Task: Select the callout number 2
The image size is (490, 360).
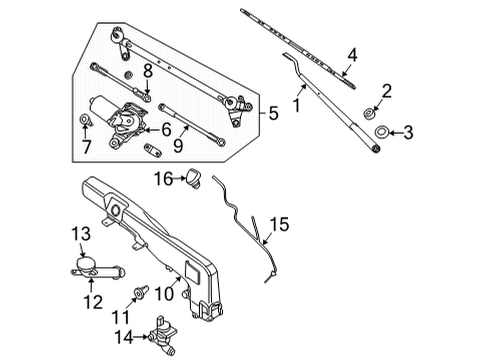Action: tap(387, 90)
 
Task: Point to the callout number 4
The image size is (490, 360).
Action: tap(351, 54)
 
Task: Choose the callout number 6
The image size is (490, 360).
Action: tap(167, 129)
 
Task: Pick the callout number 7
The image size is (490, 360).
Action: tap(85, 148)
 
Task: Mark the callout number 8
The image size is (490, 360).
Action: tap(148, 71)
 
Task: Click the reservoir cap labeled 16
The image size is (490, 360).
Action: tap(192, 178)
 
